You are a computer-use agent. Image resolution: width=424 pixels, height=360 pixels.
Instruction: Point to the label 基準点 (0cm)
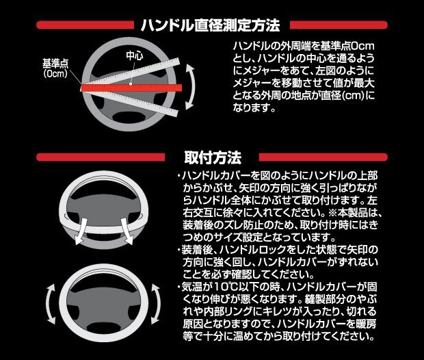(54, 67)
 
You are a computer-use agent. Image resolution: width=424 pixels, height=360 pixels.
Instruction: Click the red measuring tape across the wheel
(130, 88)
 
